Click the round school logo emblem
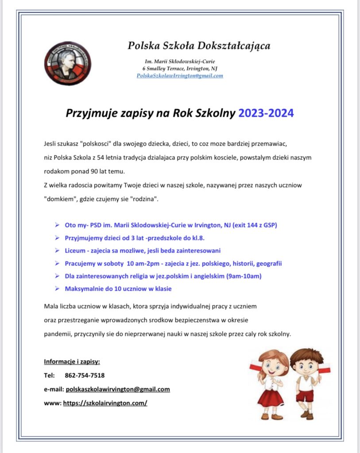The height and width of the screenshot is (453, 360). [x=67, y=63]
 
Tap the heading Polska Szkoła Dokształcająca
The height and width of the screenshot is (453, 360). [x=199, y=46]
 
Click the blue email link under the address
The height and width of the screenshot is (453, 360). [x=180, y=76]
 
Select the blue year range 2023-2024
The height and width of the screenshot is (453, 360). [x=266, y=113]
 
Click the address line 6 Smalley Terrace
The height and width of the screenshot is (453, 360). [x=180, y=68]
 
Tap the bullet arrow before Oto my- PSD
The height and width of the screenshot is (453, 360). [x=57, y=225]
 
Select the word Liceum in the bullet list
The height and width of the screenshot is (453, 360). [x=75, y=250]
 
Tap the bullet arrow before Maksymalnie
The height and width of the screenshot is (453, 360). [x=57, y=289]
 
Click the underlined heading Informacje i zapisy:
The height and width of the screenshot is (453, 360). [x=72, y=362]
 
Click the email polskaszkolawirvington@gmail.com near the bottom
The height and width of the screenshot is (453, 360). [x=118, y=389]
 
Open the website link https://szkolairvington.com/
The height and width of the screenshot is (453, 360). [x=105, y=403]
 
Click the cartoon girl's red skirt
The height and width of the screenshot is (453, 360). [x=270, y=397]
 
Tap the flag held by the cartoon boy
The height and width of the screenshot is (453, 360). [x=324, y=368]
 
